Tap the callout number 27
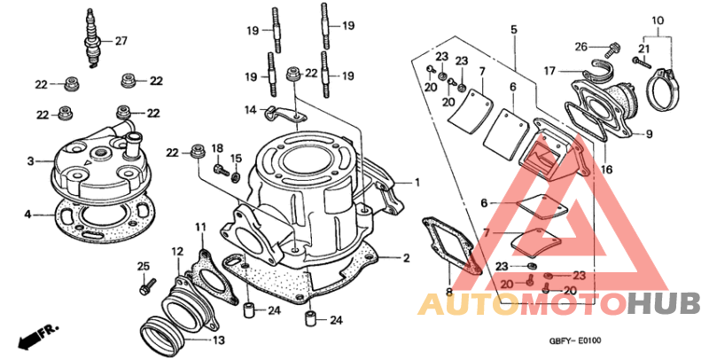pyautogui.click(x=121, y=40)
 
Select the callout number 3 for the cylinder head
pyautogui.click(x=29, y=161)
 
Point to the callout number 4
pyautogui.click(x=28, y=214)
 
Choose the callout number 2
pyautogui.click(x=406, y=258)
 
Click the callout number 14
pyautogui.click(x=252, y=110)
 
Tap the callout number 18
pyautogui.click(x=217, y=148)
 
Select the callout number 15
pyautogui.click(x=236, y=158)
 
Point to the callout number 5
pyautogui.click(x=512, y=30)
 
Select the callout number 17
pyautogui.click(x=549, y=70)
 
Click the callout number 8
pyautogui.click(x=449, y=290)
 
